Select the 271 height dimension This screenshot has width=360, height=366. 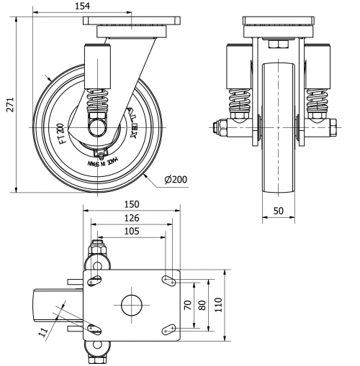tap(8, 103)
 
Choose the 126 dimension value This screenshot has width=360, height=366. tap(131, 218)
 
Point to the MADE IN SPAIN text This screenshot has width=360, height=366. tap(101, 161)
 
